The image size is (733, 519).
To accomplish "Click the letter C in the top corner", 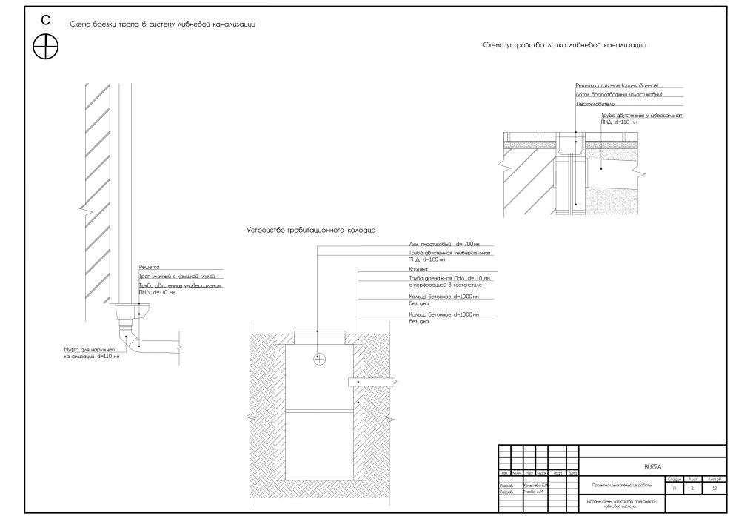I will pos(46,20).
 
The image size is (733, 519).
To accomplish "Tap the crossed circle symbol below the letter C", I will pos(46,47).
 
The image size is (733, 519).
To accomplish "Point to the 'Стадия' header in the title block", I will pos(675,480).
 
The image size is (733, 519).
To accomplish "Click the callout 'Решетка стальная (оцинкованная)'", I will pos(617,85).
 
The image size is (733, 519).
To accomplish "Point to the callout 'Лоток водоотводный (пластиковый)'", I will pos(618,95).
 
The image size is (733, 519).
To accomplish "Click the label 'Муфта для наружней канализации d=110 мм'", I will pos(92,352).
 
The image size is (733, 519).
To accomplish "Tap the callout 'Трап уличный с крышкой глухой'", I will pos(171,276).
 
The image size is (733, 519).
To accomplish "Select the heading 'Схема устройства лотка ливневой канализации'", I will pos(565,45).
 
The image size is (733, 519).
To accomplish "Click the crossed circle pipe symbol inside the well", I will pos(319,360).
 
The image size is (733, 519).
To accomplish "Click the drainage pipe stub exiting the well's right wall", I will pos(370,383).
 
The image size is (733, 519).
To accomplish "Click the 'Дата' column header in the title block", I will pos(572,472).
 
